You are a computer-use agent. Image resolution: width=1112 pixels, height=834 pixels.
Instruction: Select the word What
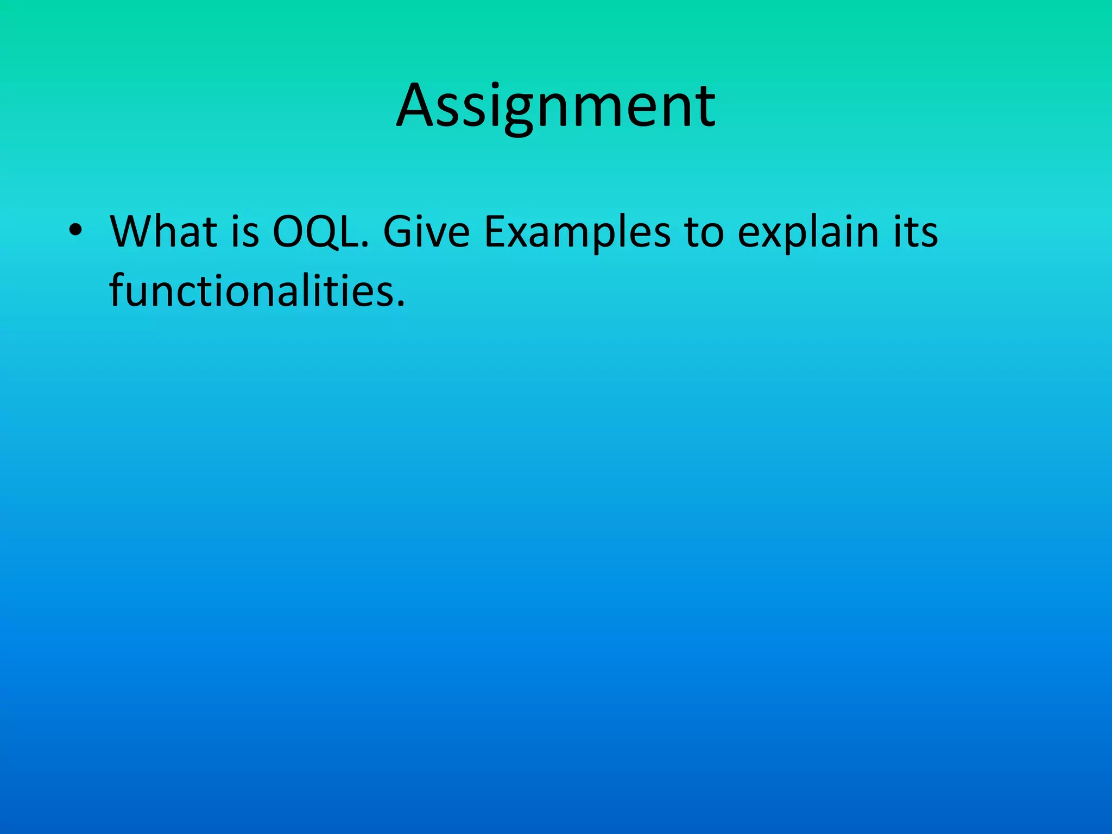163,232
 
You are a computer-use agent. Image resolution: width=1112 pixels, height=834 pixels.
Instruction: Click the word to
704,232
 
